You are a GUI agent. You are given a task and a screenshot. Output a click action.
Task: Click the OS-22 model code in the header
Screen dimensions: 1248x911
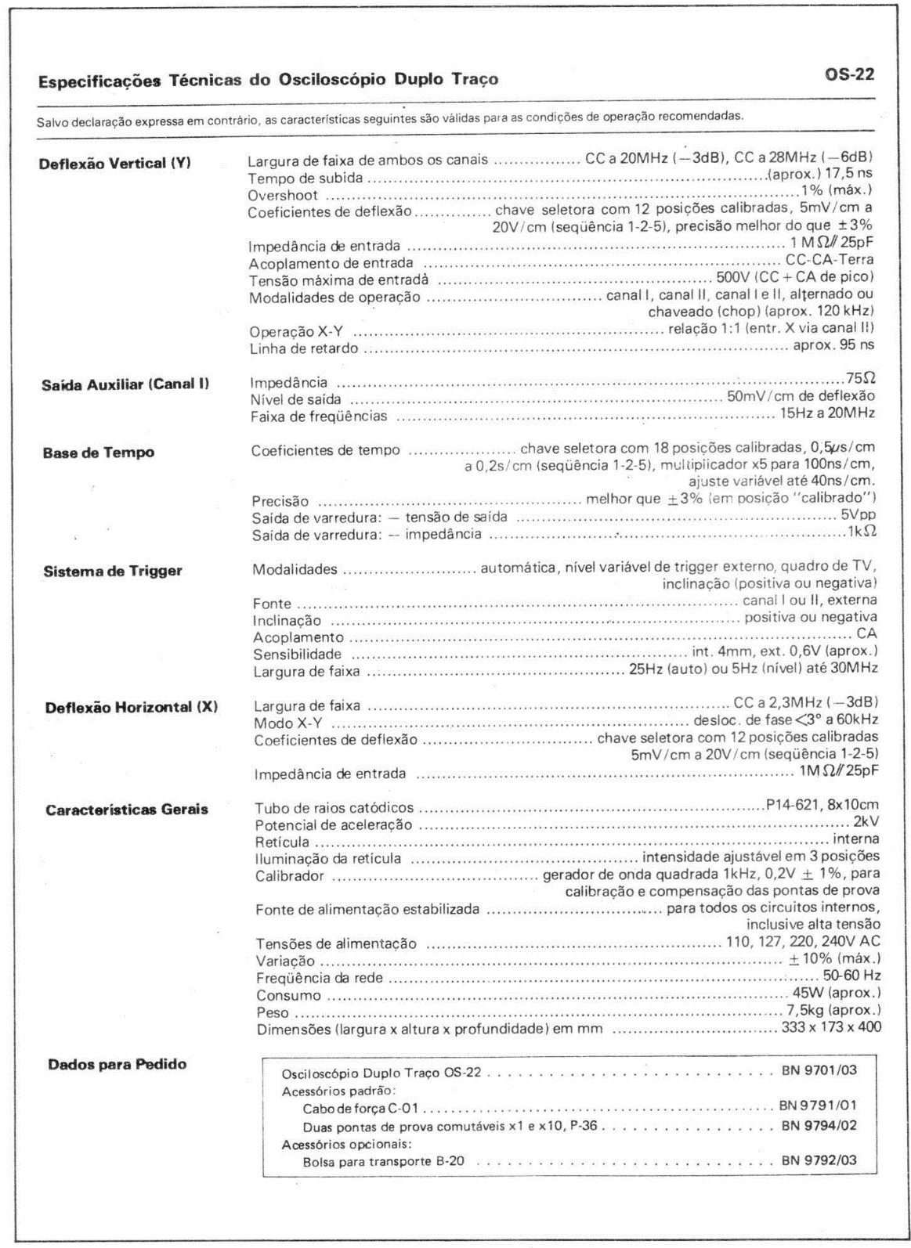pyautogui.click(x=850, y=75)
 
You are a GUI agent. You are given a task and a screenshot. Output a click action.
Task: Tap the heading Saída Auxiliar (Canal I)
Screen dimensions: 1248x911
pyautogui.click(x=125, y=384)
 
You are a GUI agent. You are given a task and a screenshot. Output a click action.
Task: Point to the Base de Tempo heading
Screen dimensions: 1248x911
pyautogui.click(x=98, y=453)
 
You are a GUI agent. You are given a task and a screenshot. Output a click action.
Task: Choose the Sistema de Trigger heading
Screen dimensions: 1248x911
pyautogui.click(x=112, y=571)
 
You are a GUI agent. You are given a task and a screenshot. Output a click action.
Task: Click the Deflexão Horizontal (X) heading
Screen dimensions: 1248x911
pyautogui.click(x=130, y=707)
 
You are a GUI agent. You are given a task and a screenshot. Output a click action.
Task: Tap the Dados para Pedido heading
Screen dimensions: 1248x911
pyautogui.click(x=117, y=1064)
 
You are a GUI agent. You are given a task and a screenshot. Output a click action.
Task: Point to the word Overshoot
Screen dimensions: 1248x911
pyautogui.click(x=283, y=195)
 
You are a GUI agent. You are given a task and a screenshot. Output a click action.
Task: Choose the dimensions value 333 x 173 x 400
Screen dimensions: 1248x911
pyautogui.click(x=831, y=1026)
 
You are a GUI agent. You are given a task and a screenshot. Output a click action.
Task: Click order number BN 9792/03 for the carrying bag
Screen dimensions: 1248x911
pyautogui.click(x=819, y=1160)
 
